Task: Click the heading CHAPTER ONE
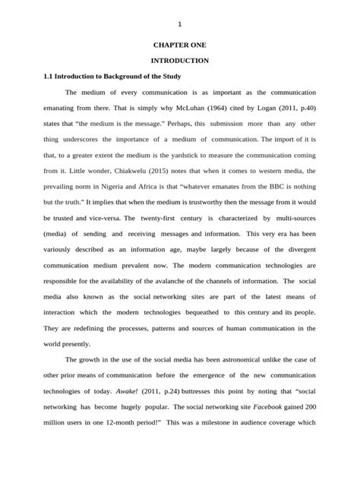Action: pos(180,46)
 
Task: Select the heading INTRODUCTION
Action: pos(180,60)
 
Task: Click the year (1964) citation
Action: pos(233,108)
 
